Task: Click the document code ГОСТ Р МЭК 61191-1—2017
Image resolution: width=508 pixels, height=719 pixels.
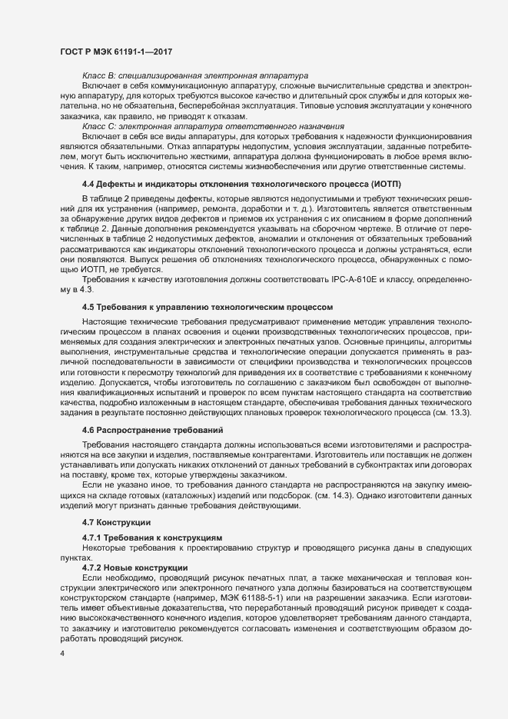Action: pos(115,51)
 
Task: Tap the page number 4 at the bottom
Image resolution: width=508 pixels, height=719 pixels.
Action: pos(61,654)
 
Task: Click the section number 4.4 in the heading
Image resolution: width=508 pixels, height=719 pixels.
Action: pos(88,185)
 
